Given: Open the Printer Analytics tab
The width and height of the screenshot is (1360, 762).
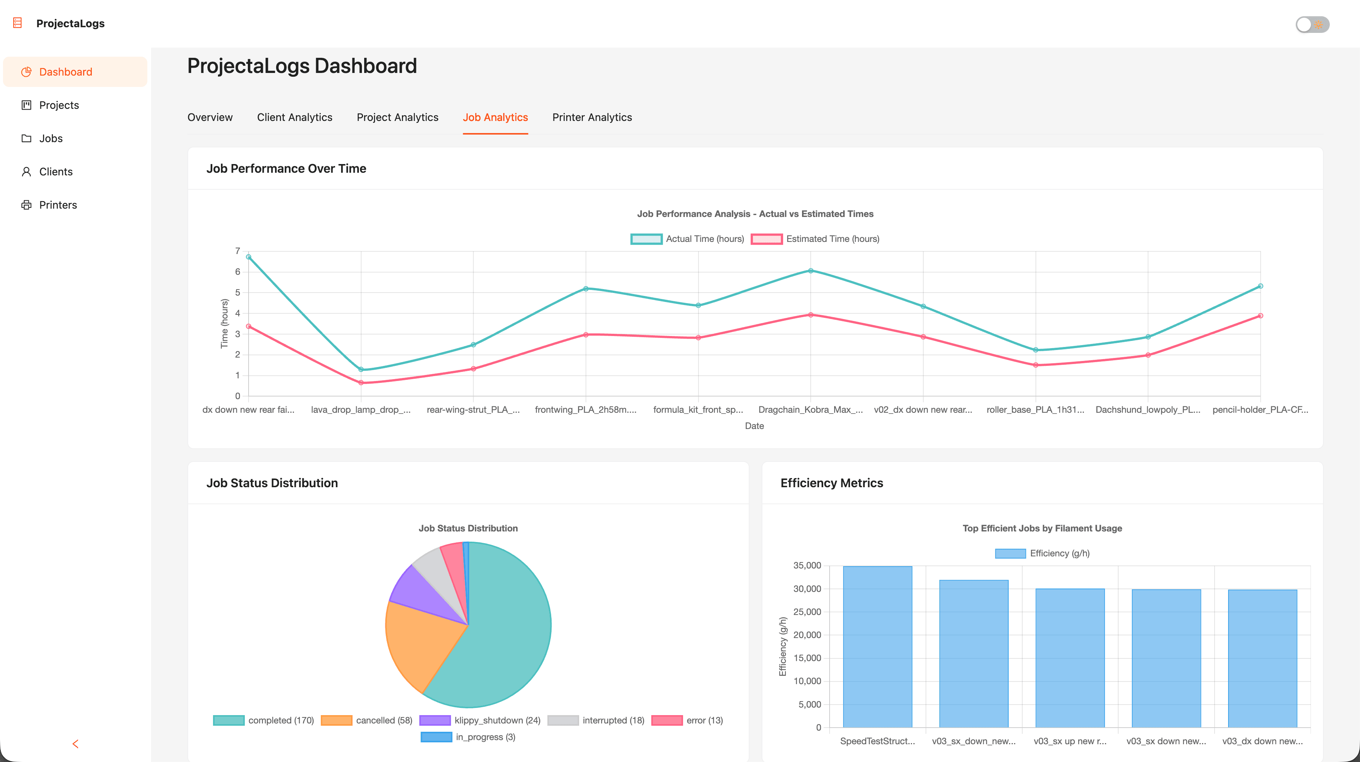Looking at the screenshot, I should (592, 117).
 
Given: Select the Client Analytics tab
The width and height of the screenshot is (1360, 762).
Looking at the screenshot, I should (295, 117).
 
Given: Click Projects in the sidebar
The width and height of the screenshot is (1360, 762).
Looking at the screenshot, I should (59, 105).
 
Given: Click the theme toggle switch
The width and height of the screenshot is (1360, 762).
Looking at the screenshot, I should (1312, 24).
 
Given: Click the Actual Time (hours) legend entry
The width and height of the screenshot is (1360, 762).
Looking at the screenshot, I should (688, 239).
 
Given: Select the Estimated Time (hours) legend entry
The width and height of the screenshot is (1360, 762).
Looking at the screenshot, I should (815, 239).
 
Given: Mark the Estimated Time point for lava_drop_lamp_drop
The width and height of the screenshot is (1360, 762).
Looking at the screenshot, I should (361, 383).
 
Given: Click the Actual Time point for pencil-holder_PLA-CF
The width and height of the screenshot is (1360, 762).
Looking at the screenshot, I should (1260, 286).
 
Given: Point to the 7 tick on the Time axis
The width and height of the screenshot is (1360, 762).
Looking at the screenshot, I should (238, 251).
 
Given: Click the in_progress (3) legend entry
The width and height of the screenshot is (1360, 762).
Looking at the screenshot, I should (468, 737).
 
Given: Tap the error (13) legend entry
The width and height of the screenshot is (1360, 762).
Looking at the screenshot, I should (688, 720).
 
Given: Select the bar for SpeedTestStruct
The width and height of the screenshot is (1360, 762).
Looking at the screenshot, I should (878, 647).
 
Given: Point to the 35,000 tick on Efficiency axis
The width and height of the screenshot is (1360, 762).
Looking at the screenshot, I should (807, 565).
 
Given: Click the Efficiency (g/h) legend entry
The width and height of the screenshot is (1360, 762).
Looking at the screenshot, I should (1042, 553).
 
